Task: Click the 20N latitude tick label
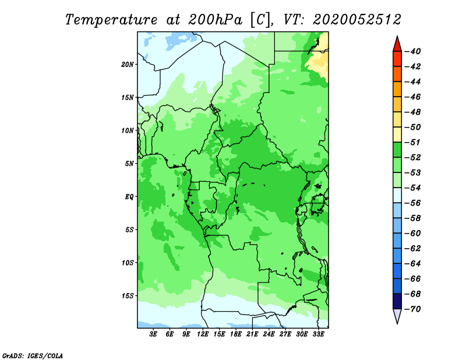coord(127,65)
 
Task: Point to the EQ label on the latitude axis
coord(129,197)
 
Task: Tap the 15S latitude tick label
coord(128,296)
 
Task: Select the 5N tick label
coord(129,164)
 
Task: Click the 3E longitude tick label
coord(153,334)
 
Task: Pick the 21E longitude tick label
coord(252,334)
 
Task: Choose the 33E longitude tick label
coord(318,334)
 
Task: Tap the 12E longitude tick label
coord(203,334)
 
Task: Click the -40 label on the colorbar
coord(413,51)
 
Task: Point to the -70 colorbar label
coord(413,309)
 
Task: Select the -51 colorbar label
coord(413,142)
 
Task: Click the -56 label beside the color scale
coord(413,203)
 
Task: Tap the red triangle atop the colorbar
coord(397,45)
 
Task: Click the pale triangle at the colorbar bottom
coord(397,315)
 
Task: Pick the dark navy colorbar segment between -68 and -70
coord(397,301)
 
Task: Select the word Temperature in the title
coord(111,20)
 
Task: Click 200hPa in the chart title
coord(215,20)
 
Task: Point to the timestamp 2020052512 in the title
coord(357,20)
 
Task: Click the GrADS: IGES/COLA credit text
coord(33,356)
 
